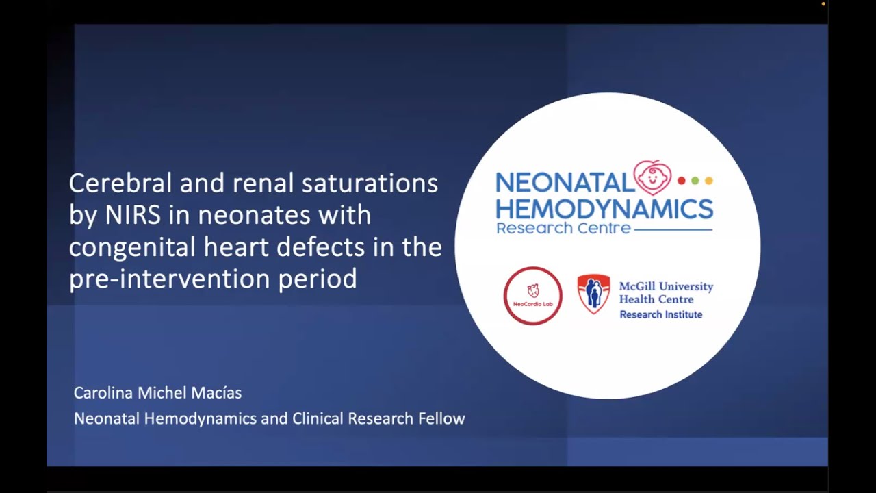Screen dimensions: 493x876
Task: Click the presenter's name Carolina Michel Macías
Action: click(157, 393)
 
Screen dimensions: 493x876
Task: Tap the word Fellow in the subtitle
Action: click(441, 418)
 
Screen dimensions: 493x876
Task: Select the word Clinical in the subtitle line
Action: click(318, 418)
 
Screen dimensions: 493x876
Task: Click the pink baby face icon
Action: click(652, 177)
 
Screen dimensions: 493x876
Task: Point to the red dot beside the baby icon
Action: click(681, 181)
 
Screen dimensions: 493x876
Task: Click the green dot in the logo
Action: click(695, 181)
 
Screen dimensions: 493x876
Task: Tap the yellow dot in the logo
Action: click(709, 181)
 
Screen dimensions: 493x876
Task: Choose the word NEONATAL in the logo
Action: click(565, 183)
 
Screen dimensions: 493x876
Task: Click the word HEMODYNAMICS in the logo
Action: click(604, 208)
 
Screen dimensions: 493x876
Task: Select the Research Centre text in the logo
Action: click(563, 228)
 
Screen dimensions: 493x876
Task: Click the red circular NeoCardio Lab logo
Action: click(532, 296)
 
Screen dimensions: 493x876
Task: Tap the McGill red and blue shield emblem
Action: click(593, 294)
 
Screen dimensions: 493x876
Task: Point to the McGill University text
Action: click(666, 286)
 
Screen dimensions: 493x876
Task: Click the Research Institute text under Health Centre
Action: click(660, 314)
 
